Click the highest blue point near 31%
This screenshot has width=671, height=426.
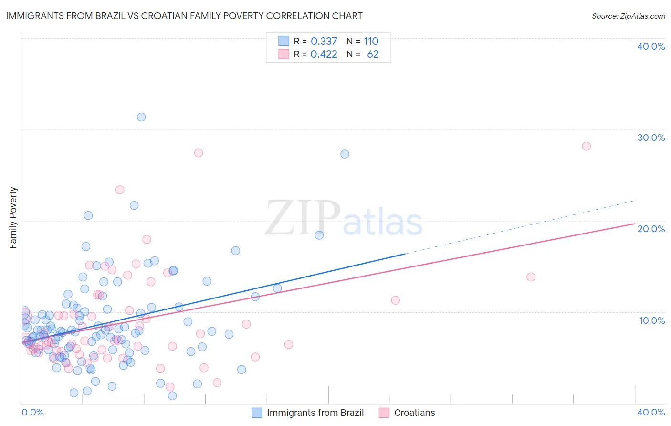tap(141, 117)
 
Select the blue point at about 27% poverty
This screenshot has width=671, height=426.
tap(345, 154)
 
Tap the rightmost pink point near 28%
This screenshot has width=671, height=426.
tap(586, 146)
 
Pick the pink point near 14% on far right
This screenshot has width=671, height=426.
tap(531, 277)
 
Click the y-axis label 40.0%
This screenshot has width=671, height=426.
tap(651, 46)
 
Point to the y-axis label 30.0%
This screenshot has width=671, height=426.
tap(651, 138)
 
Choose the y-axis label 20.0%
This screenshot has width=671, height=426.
tap(651, 229)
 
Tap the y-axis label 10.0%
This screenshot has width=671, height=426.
tap(652, 320)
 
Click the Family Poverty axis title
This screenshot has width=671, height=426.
tap(13, 218)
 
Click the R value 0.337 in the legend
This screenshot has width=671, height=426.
tap(324, 42)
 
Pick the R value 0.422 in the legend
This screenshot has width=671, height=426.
tap(324, 54)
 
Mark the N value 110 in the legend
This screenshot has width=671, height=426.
tap(371, 42)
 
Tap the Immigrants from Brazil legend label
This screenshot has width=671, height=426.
tap(315, 413)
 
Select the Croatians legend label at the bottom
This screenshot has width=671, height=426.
tap(414, 413)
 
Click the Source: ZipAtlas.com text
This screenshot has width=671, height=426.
tap(628, 16)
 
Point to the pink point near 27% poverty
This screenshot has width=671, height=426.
tap(199, 153)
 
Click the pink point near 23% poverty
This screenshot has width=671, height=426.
tap(120, 190)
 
